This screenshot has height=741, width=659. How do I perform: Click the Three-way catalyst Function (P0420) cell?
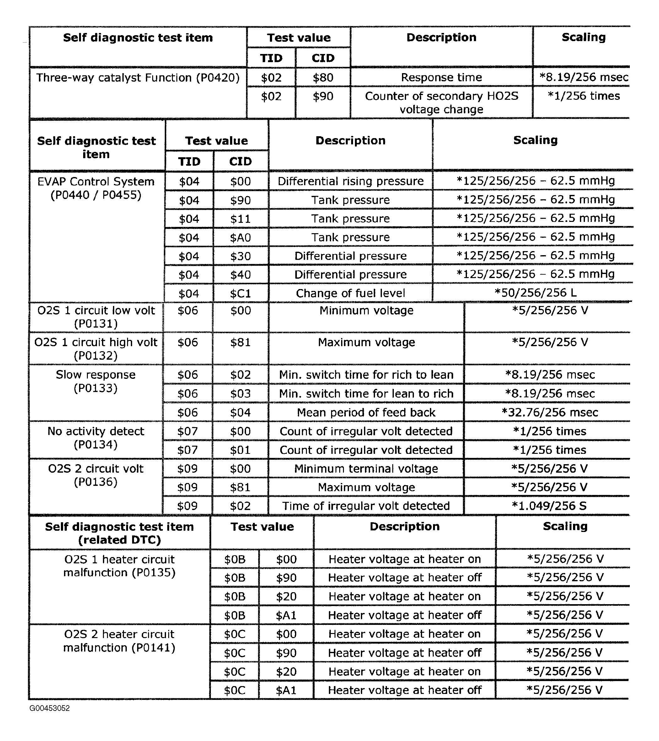pyautogui.click(x=138, y=78)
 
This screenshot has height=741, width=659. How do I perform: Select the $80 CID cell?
pyautogui.click(x=323, y=77)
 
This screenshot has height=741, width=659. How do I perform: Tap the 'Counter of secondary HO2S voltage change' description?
pyautogui.click(x=441, y=103)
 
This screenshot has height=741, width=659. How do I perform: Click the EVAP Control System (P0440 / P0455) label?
pyautogui.click(x=96, y=188)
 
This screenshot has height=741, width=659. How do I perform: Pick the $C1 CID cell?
pyautogui.click(x=240, y=293)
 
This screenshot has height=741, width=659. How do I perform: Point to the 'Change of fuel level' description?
pyautogui.click(x=350, y=293)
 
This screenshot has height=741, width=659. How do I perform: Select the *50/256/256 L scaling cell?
pyautogui.click(x=535, y=293)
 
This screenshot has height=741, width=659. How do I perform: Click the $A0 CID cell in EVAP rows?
pyautogui.click(x=240, y=238)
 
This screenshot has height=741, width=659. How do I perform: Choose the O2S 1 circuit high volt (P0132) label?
pyautogui.click(x=96, y=348)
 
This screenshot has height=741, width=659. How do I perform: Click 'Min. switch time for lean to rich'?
pyautogui.click(x=366, y=393)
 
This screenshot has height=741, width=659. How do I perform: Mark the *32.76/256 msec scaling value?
pyautogui.click(x=549, y=412)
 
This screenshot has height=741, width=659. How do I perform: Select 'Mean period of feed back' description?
pyautogui.click(x=366, y=412)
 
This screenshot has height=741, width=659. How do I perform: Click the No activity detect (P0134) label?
pyautogui.click(x=96, y=438)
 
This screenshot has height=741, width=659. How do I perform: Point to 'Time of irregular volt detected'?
pyautogui.click(x=366, y=506)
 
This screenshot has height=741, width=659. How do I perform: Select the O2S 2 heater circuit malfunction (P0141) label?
pyautogui.click(x=119, y=641)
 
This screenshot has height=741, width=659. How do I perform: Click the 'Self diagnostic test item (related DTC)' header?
pyautogui.click(x=119, y=533)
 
